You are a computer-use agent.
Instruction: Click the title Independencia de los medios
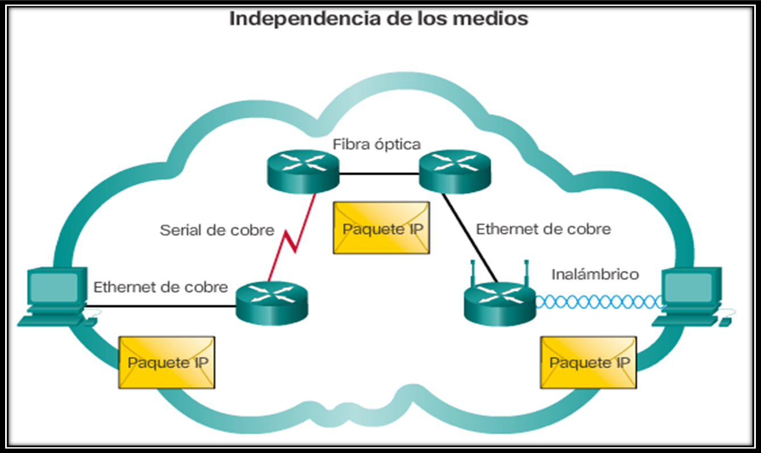[378, 18]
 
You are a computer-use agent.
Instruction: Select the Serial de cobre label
[217, 230]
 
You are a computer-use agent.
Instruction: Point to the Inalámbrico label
[595, 274]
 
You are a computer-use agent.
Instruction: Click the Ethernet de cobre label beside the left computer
[160, 287]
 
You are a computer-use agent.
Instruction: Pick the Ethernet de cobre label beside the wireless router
[543, 229]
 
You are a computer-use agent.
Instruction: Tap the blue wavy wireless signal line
[597, 302]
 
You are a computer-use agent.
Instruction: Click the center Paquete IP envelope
[381, 228]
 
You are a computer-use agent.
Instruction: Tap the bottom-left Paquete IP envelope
[167, 362]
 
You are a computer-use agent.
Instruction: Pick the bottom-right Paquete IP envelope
[589, 362]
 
